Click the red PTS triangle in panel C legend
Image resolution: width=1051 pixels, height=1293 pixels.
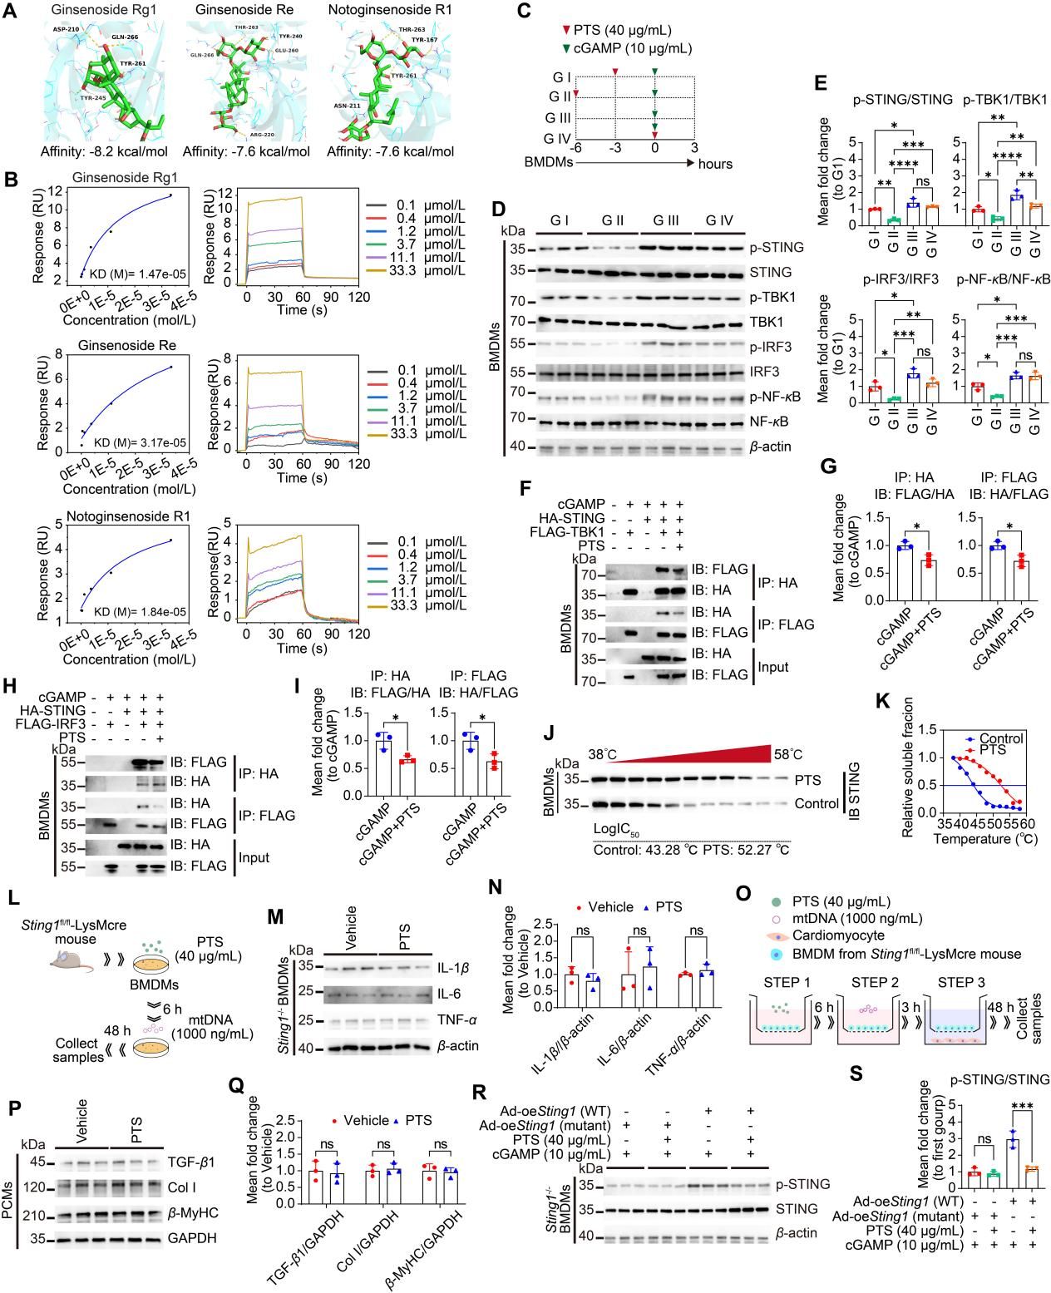(x=555, y=31)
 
